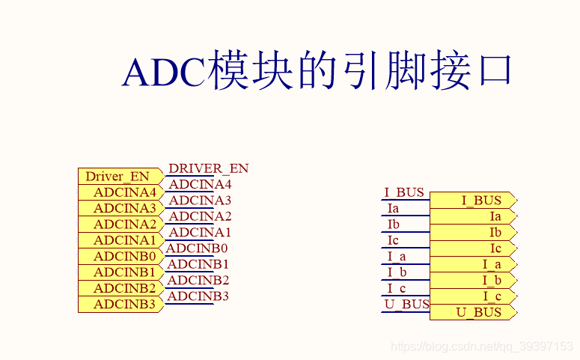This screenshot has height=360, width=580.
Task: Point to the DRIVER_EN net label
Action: (x=208, y=168)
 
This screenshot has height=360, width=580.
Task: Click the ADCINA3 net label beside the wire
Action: (x=200, y=200)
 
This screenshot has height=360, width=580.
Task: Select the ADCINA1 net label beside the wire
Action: (x=200, y=232)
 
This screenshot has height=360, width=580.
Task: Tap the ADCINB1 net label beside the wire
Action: (x=198, y=264)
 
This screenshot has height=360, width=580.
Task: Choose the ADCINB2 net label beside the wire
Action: (x=198, y=280)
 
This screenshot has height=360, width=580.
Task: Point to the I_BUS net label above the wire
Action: (x=404, y=192)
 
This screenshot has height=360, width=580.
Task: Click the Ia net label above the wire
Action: (x=393, y=209)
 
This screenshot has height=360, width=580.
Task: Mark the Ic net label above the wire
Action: (x=393, y=240)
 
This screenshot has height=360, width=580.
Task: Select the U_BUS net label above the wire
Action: (x=406, y=304)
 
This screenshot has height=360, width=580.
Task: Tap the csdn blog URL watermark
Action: (x=483, y=347)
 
